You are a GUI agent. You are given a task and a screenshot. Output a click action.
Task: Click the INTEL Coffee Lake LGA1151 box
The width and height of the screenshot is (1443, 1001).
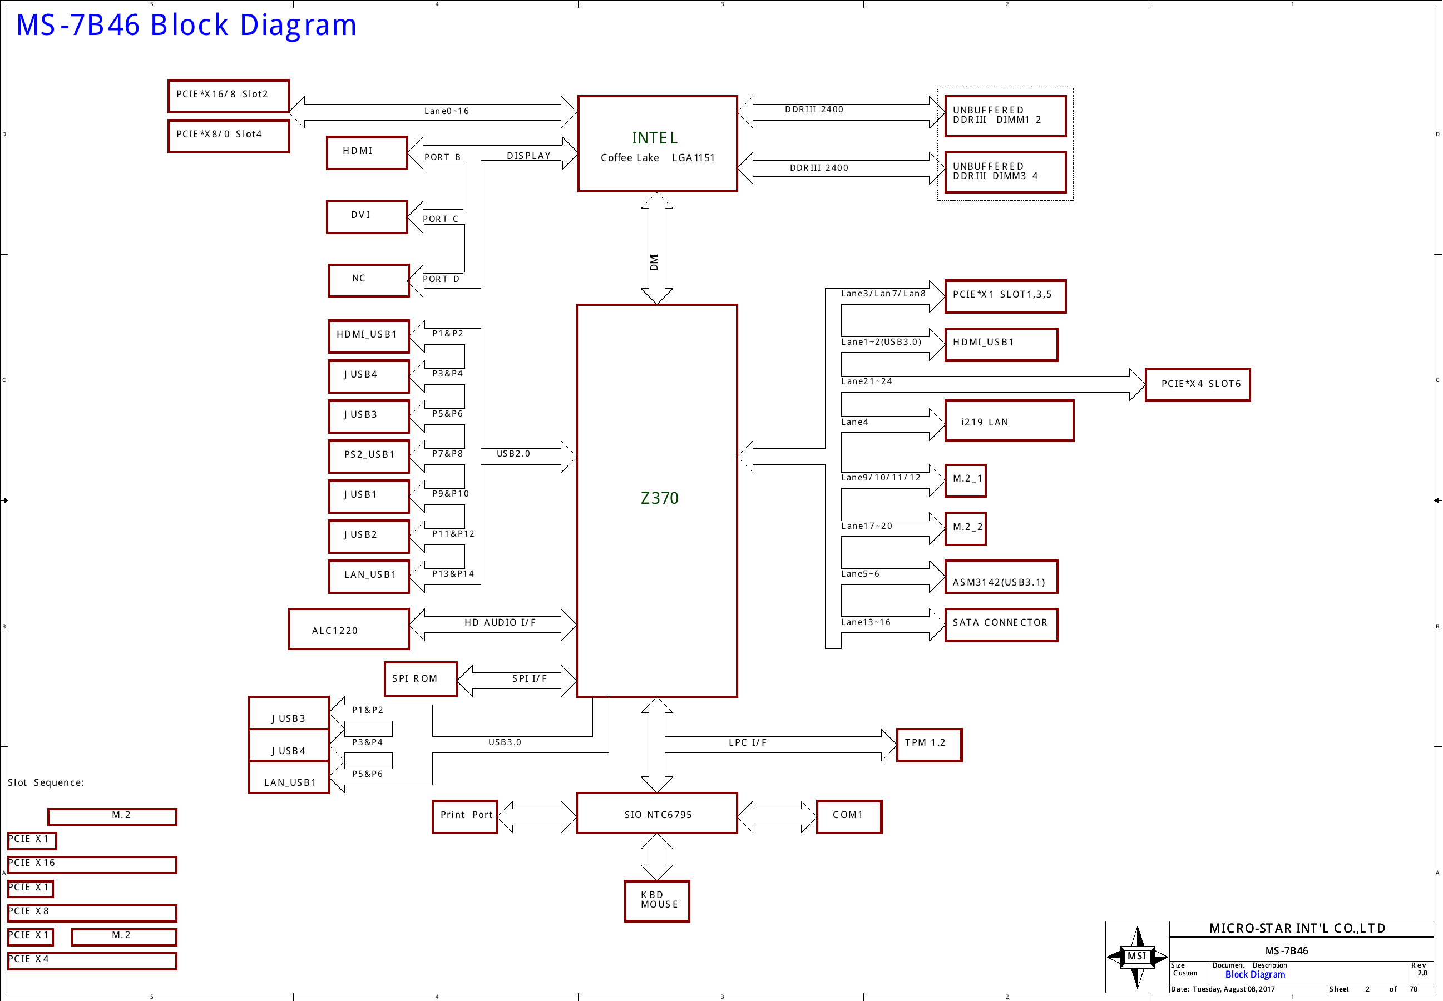pos(657,143)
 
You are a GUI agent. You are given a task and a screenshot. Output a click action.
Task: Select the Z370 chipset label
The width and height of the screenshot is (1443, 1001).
pos(659,498)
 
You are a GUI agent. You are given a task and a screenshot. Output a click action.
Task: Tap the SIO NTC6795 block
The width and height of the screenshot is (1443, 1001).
pos(657,814)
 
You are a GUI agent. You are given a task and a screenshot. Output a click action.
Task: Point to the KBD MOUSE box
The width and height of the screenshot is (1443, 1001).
pos(657,901)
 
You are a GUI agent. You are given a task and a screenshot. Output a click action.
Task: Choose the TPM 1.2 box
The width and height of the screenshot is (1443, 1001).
pos(929,745)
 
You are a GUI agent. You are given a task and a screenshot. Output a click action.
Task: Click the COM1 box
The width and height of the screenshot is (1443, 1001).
pos(849,816)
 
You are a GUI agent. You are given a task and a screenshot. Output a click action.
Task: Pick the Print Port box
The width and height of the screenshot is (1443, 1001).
pos(464,816)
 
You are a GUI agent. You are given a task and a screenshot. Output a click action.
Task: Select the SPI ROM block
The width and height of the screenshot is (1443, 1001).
pos(421,679)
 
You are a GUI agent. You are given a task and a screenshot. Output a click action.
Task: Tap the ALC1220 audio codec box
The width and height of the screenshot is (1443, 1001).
pos(349,629)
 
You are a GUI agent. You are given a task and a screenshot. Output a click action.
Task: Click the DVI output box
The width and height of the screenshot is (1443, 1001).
pos(367,217)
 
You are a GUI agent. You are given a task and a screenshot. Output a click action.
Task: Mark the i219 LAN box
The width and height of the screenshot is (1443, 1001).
pos(1010,421)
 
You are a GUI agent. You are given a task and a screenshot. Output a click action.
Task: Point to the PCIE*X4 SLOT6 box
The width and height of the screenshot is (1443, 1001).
pos(1198,384)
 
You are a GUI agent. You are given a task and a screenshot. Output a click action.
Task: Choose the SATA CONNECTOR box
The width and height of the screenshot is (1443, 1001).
pos(1001,625)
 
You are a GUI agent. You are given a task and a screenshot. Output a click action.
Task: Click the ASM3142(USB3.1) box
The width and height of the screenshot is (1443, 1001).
pos(1001,577)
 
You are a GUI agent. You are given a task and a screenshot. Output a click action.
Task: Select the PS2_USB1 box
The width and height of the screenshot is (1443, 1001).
pos(369,457)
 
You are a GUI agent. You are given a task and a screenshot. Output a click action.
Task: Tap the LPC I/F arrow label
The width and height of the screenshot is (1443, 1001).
pos(747,742)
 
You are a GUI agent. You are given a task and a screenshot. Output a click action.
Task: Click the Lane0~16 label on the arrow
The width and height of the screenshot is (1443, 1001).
pos(446,111)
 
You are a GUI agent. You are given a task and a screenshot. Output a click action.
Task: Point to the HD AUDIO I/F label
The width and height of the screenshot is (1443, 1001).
pos(500,622)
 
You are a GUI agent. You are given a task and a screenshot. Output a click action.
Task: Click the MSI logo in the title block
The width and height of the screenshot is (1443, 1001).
pos(1137,957)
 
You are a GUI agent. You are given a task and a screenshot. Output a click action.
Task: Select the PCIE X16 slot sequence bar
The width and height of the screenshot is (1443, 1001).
pos(92,865)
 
